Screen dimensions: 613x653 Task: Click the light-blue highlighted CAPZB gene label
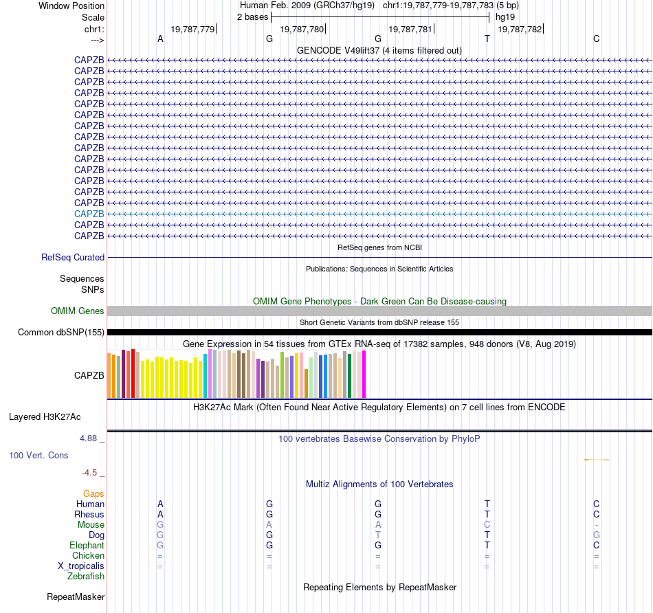[89, 214]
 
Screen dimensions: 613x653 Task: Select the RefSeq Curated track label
[73, 258]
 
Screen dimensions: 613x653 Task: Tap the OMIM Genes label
[78, 311]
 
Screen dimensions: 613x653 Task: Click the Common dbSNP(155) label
[61, 333]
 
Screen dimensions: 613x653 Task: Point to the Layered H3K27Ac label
[45, 416]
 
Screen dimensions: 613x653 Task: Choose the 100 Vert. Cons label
[38, 456]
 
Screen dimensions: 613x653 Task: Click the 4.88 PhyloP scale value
[89, 438]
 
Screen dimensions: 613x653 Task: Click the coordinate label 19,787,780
[302, 29]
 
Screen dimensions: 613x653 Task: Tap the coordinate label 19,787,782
[520, 29]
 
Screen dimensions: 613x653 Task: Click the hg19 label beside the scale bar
[505, 16]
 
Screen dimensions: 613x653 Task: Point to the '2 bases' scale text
[252, 16]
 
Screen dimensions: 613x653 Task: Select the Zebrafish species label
[86, 577]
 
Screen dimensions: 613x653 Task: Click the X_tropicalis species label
[81, 566]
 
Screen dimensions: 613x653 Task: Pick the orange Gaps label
[93, 493]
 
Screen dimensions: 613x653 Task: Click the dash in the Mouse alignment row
[596, 525]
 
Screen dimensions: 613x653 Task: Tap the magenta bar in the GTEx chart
[364, 375]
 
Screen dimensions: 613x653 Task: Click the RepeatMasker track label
[76, 597]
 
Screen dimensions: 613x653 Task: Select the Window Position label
[71, 5]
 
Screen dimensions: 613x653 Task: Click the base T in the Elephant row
[487, 546]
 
